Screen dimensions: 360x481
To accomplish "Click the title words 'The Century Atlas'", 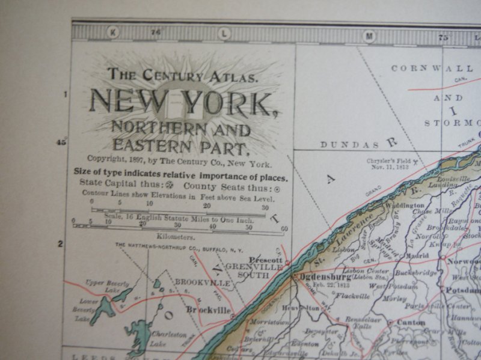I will click(x=183, y=75).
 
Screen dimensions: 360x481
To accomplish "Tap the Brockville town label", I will click(x=208, y=310).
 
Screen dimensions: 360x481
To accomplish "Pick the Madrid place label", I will click(x=417, y=255).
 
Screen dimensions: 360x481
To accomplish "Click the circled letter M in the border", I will click(x=369, y=36).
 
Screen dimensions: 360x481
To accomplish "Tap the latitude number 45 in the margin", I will click(x=61, y=142).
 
